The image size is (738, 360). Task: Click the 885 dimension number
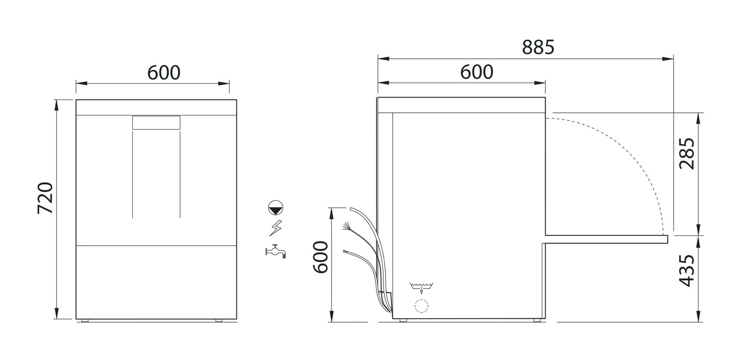coord(538,47)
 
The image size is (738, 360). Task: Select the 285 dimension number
coord(687,154)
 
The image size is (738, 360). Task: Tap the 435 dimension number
coord(687,271)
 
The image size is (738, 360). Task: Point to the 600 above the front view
coord(164,73)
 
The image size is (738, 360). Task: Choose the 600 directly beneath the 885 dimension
coord(477,73)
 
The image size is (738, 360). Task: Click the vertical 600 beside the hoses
coord(320,257)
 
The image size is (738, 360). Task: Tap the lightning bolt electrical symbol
coord(276,228)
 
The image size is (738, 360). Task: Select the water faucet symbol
coord(276,250)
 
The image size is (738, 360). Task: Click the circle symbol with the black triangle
coord(276,207)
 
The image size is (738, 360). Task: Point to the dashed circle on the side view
coord(421,306)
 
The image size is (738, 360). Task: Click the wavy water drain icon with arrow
coord(421,287)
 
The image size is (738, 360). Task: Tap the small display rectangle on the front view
coord(156,123)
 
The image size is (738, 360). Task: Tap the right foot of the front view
coord(219,321)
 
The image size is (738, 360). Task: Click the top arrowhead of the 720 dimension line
coord(56,104)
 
